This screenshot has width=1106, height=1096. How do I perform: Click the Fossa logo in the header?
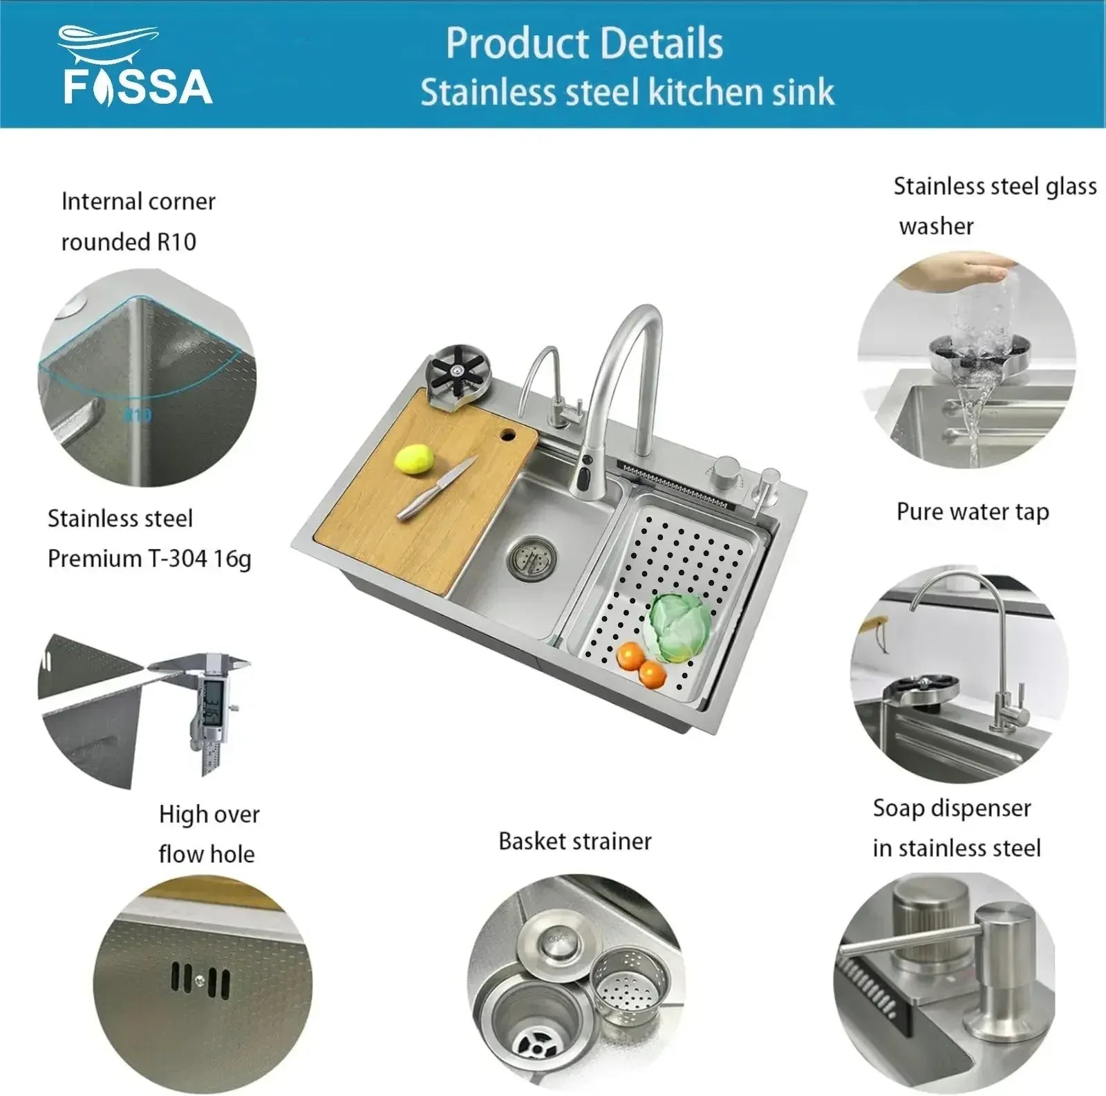(x=135, y=66)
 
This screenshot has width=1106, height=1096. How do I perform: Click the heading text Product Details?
(x=584, y=43)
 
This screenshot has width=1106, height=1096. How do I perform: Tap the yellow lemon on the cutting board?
(x=414, y=458)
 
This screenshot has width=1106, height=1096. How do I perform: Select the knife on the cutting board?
(x=435, y=488)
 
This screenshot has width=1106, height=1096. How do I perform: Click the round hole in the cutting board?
(x=508, y=435)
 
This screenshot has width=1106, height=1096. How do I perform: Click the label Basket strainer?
(x=575, y=842)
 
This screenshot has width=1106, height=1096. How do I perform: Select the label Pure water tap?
(x=973, y=512)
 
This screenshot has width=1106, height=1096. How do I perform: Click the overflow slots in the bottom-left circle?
(x=200, y=981)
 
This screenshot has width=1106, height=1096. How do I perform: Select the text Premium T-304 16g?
(x=149, y=559)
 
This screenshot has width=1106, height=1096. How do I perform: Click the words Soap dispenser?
(x=952, y=808)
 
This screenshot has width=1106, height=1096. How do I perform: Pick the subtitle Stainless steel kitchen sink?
(x=628, y=92)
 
